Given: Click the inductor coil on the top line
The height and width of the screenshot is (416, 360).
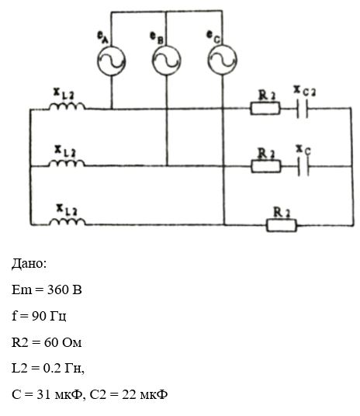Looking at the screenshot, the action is pos(67,106).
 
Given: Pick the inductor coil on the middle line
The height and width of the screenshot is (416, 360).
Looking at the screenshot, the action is pos(67,163).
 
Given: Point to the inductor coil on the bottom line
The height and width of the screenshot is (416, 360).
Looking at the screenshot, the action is pos(67,221).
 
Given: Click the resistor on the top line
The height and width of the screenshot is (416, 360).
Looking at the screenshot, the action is pos(265,109).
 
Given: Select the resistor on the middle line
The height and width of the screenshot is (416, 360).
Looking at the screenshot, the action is pos(266,166).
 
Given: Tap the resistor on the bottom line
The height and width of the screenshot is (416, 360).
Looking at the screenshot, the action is pos(282,226).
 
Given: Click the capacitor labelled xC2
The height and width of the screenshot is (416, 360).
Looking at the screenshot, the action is pos(303,109).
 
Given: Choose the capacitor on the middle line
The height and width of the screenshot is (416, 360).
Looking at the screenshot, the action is pos(303,167).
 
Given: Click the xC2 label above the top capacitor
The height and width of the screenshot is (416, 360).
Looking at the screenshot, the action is pos(305,91).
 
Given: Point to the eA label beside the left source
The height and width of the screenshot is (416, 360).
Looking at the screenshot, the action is pos(103,38).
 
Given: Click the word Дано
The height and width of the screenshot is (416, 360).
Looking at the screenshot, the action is pos(29,264).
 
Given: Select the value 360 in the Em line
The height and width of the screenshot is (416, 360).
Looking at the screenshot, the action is pos(57,289).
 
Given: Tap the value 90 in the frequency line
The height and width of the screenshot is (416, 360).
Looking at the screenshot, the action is pos(38,315).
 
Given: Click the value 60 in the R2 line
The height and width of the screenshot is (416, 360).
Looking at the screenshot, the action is pos(51,342).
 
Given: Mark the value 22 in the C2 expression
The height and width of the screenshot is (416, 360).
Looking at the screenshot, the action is pos(129,394).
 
